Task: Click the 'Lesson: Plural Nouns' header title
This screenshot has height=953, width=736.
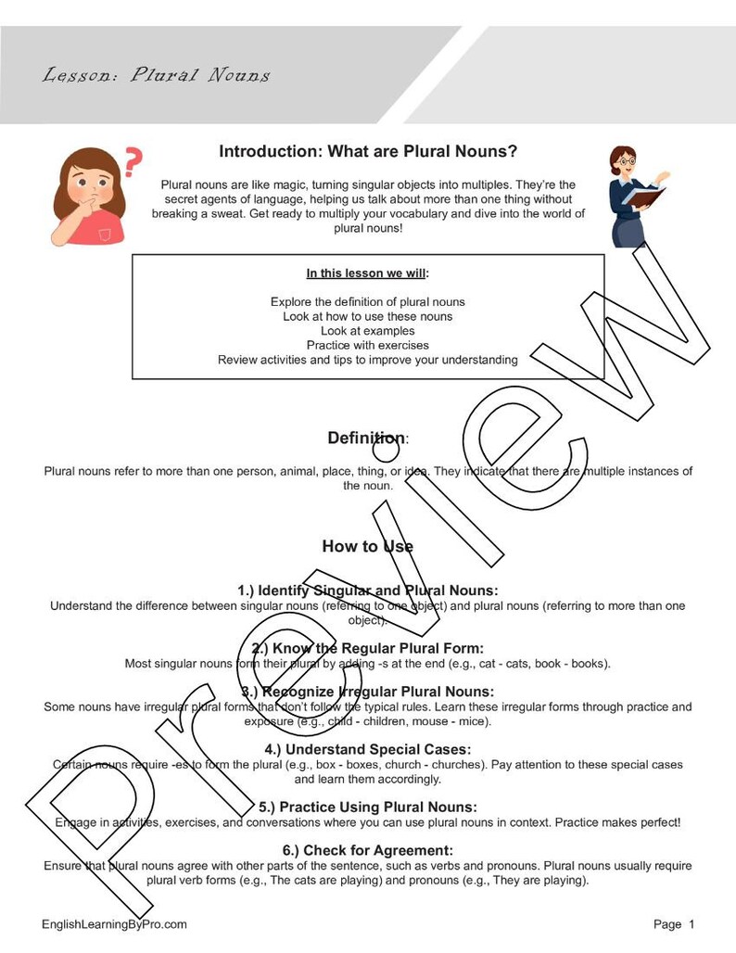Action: click(156, 75)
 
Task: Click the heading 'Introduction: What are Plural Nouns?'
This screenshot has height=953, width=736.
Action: click(368, 151)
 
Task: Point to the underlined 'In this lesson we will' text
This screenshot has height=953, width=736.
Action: click(367, 273)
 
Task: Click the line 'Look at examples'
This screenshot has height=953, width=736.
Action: click(367, 331)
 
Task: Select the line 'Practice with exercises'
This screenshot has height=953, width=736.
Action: click(367, 346)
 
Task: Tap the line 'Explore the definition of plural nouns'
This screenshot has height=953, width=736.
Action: click(367, 302)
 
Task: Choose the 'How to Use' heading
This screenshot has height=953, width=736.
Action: click(367, 546)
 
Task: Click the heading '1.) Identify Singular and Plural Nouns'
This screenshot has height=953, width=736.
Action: click(367, 591)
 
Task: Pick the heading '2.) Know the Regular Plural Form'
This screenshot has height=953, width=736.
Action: click(367, 648)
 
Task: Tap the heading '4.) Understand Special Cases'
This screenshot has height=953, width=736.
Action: click(367, 749)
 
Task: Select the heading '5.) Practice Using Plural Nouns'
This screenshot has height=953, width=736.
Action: click(367, 807)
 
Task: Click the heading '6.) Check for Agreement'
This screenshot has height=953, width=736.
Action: click(367, 850)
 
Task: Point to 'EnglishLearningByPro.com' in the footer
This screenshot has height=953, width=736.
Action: click(114, 924)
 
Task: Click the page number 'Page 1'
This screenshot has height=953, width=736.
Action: click(673, 924)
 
